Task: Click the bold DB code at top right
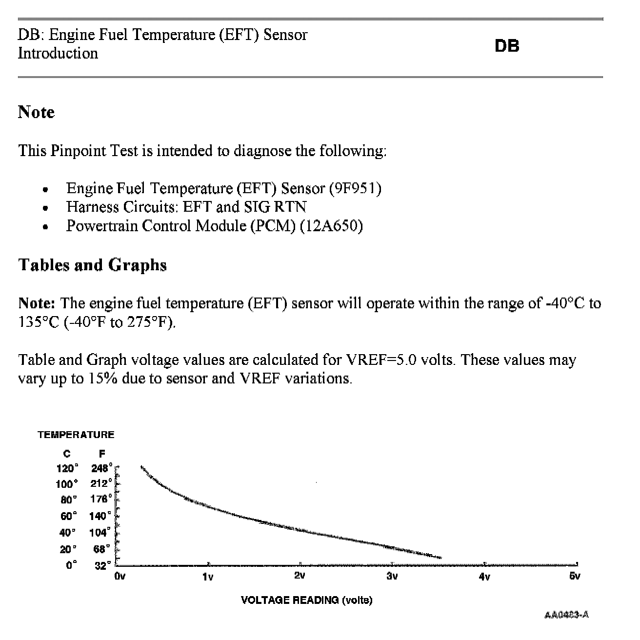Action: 507,46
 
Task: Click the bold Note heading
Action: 36,112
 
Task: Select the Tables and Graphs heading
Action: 93,265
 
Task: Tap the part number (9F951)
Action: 356,188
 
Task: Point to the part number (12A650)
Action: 331,226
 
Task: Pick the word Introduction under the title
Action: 58,53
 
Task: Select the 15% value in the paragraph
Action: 103,379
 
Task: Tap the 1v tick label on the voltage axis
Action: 208,577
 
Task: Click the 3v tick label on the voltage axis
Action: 392,577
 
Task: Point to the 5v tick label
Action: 575,576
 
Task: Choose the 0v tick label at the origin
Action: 120,577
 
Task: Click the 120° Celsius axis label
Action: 67,469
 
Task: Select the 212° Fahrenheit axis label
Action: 101,484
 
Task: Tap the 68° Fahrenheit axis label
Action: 101,549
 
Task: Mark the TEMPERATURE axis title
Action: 76,435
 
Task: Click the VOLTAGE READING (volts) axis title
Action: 306,600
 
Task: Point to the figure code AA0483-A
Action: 566,615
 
